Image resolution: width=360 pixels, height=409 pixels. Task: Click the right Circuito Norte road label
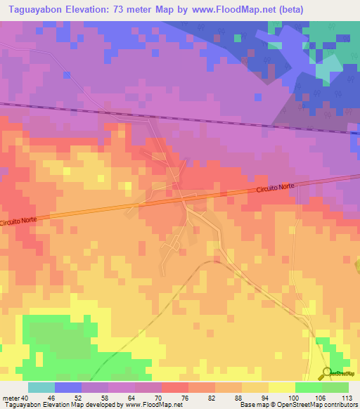(x=276, y=188)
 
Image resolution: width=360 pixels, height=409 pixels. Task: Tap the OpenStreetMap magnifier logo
(x=328, y=372)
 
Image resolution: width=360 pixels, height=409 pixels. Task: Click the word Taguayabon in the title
(x=35, y=8)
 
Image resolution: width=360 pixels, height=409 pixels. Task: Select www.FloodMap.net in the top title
(x=227, y=8)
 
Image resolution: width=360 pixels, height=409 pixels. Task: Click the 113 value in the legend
(x=347, y=398)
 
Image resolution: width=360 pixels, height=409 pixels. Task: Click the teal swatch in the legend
(x=41, y=387)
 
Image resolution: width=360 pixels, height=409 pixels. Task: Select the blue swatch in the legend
(x=67, y=387)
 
